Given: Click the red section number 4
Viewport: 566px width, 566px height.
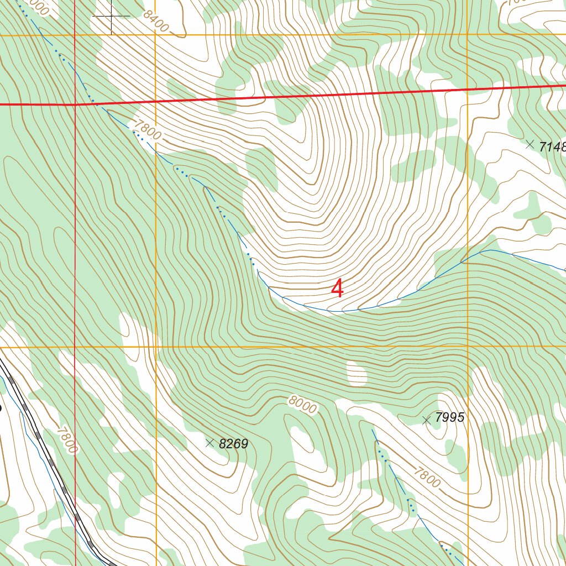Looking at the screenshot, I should pos(337,289).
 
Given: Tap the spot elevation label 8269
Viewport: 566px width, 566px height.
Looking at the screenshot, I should pos(233,444).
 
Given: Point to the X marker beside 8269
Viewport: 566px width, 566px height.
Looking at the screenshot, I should pos(209,443).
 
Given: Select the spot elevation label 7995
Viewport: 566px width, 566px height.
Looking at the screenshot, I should pos(449,417).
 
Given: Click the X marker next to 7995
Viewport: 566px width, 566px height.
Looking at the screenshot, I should pos(426,421).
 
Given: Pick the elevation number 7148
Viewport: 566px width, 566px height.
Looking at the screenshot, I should pos(553,146).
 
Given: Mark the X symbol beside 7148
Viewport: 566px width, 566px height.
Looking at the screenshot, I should pos(530,144).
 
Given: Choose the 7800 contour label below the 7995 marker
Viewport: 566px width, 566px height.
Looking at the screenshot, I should pos(427,475).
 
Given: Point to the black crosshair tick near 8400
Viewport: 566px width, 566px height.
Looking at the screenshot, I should pos(111,16).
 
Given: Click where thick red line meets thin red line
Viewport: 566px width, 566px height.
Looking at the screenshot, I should pos(75,104).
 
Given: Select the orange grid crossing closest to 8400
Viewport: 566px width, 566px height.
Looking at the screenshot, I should pos(155,35).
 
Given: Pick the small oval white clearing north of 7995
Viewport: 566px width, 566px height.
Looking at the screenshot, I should pos(356,374).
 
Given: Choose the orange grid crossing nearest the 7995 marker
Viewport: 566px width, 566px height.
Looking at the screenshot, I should pos(467,347).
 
